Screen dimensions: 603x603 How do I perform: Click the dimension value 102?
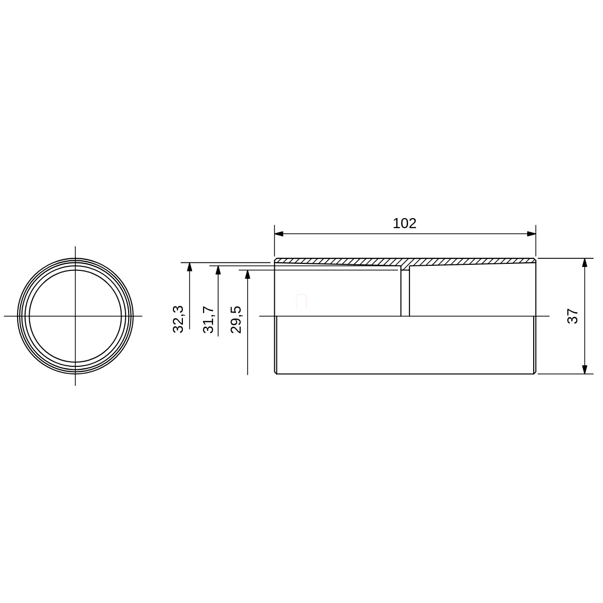tap(405, 224)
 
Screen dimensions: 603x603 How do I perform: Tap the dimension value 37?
tap(572, 316)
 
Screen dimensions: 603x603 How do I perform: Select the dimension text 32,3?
tap(178, 319)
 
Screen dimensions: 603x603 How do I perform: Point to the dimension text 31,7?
tap(209, 320)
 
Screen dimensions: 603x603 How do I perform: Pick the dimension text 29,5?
tap(236, 320)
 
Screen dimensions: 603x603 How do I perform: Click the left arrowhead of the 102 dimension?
tap(279, 234)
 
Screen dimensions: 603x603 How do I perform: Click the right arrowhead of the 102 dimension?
tap(531, 234)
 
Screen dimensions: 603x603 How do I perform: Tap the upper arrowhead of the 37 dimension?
tap(584, 263)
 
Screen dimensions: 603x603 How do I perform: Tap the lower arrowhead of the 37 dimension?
tap(584, 369)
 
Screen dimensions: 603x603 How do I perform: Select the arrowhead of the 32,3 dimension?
tap(189, 267)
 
